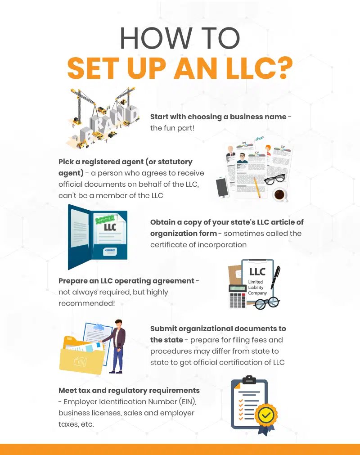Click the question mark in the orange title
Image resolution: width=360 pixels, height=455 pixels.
click(x=281, y=68)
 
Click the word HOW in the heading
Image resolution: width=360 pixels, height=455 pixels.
click(x=156, y=38)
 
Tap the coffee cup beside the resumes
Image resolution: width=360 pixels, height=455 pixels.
click(x=279, y=194)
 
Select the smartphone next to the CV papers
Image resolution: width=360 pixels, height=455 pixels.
click(x=222, y=187)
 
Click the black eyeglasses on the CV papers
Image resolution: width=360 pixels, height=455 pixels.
click(x=274, y=179)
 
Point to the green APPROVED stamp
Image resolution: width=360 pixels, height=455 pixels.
click(x=105, y=220)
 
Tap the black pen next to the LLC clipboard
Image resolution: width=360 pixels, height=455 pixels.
click(x=275, y=277)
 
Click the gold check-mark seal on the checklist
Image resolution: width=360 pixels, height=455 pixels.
click(x=265, y=415)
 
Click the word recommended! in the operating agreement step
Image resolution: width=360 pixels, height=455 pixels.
click(x=87, y=303)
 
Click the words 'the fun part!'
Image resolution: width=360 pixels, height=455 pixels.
click(x=172, y=128)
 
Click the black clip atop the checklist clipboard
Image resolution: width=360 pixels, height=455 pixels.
click(x=249, y=379)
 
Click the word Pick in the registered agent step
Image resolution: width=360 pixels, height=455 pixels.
click(x=66, y=162)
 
